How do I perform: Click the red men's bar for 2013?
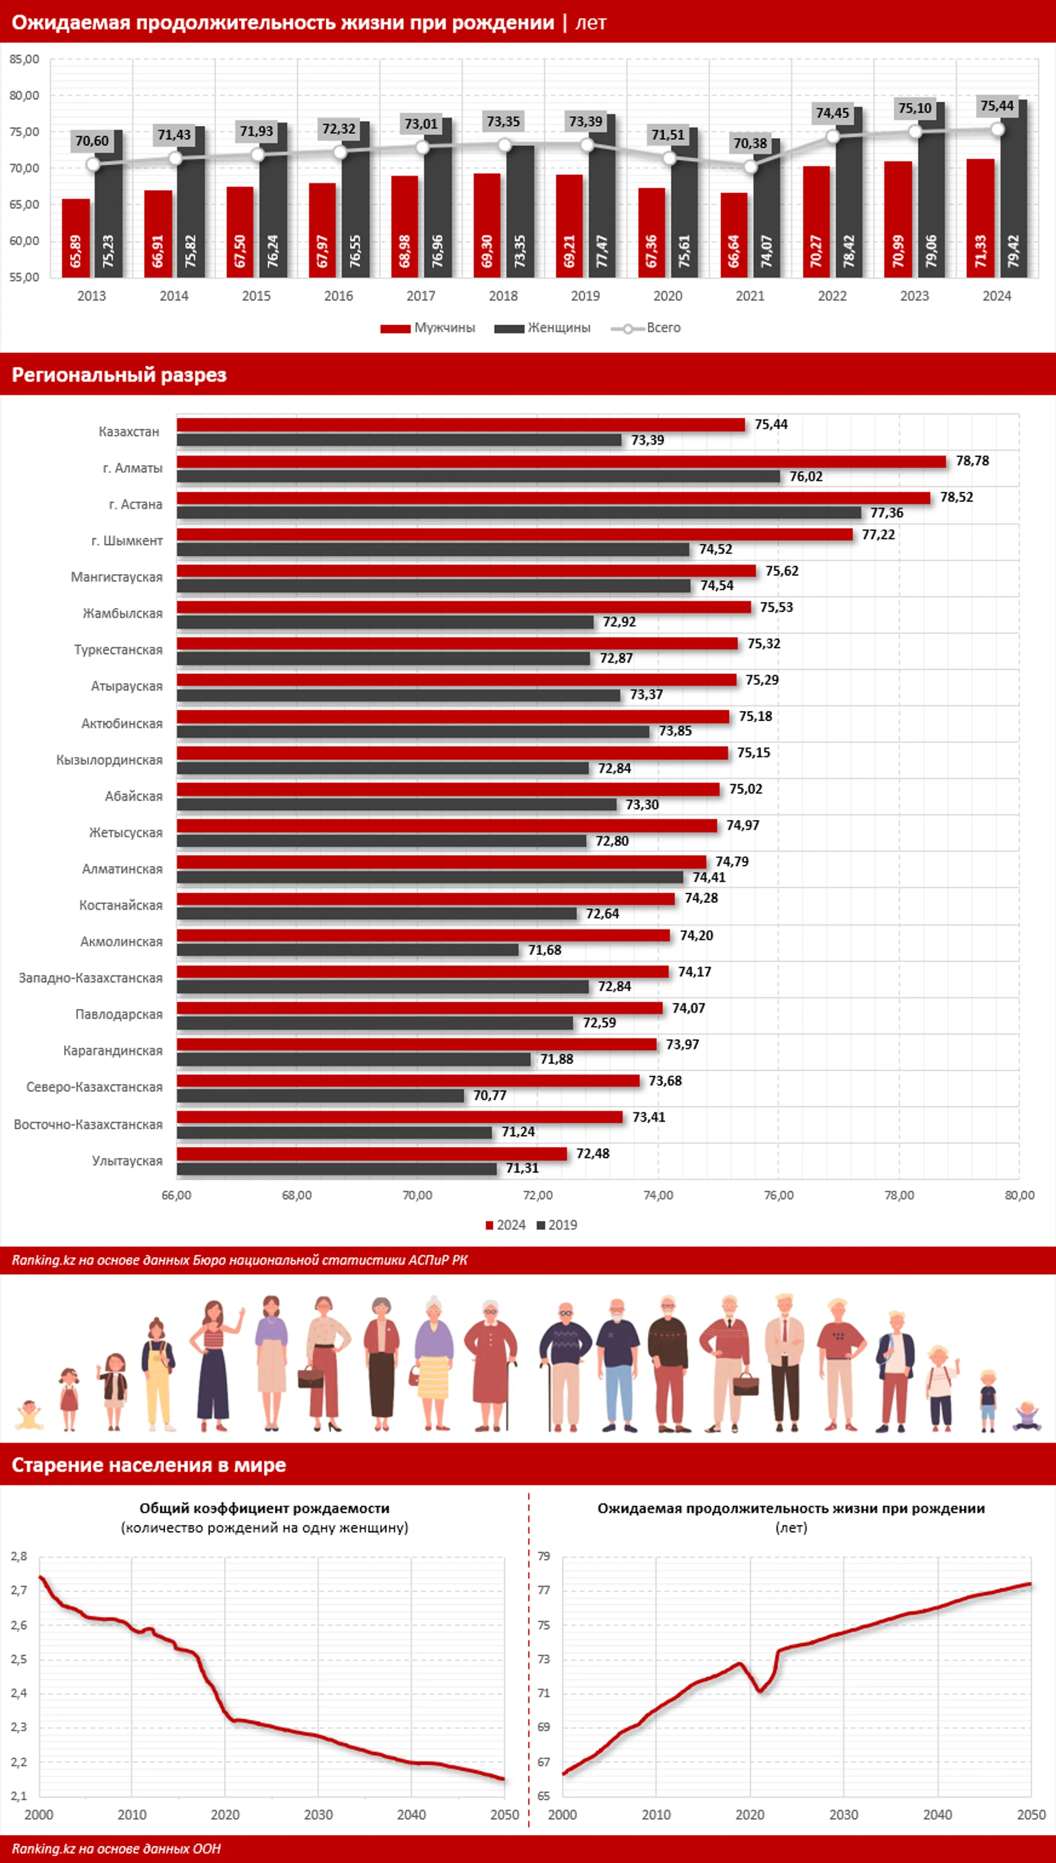click(x=75, y=237)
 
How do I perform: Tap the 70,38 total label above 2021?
click(x=750, y=144)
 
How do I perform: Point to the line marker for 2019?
click(x=587, y=145)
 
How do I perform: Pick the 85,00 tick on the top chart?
click(x=24, y=60)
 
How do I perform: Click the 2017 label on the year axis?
click(x=420, y=296)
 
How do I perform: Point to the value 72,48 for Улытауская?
click(x=593, y=1153)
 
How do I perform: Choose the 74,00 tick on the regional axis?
click(x=658, y=1195)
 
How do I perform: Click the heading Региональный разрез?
click(x=119, y=375)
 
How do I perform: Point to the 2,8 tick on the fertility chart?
click(x=19, y=1556)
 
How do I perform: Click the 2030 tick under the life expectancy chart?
click(x=843, y=1815)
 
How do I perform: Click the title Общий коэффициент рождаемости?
click(x=264, y=1508)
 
